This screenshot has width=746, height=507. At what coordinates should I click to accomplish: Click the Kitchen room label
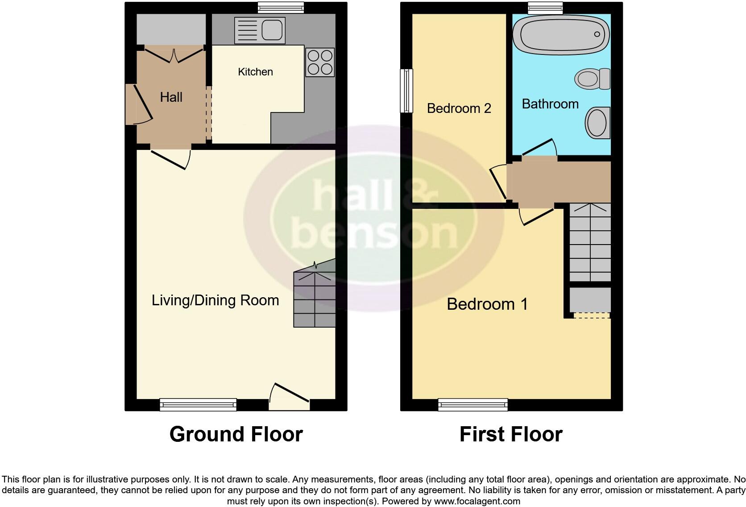[x=255, y=72]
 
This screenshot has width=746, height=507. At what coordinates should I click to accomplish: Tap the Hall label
[x=171, y=97]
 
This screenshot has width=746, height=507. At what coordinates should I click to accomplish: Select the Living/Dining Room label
[x=216, y=300]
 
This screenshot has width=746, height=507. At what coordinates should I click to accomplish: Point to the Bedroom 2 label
[x=459, y=108]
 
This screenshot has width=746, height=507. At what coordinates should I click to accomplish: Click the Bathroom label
[x=550, y=104]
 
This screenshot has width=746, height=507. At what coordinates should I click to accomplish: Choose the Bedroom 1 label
[x=487, y=304]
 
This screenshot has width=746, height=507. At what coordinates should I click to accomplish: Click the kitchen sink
[x=259, y=30]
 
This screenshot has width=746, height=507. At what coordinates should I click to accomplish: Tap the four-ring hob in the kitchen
[x=320, y=62]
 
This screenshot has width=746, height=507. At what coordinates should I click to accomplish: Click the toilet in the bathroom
[x=592, y=79]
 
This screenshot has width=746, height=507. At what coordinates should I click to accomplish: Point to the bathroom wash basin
[x=597, y=122]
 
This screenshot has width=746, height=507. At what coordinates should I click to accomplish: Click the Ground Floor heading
[x=236, y=434]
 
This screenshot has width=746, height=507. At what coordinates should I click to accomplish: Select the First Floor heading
[x=511, y=434]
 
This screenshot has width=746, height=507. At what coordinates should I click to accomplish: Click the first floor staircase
[x=590, y=242]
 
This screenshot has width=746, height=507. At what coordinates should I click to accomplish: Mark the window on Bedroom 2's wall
[x=406, y=91]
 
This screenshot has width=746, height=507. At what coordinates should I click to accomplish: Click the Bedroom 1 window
[x=473, y=404]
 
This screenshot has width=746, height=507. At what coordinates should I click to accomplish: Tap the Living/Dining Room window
[x=198, y=404]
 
